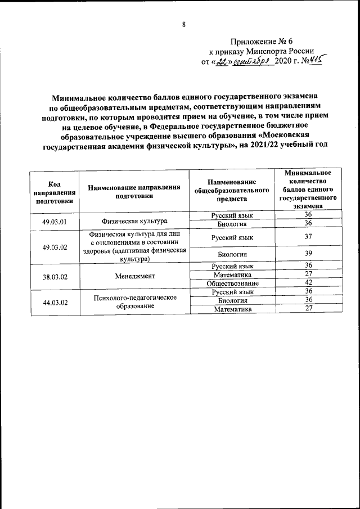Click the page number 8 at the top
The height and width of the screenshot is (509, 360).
(183, 24)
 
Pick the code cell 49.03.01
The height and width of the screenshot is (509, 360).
(55, 221)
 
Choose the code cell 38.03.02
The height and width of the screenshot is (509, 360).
(55, 276)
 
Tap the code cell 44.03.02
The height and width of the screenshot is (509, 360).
(55, 303)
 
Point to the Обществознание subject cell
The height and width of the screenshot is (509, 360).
(232, 283)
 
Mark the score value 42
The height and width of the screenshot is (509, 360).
(308, 282)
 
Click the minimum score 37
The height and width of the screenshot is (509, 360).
(308, 237)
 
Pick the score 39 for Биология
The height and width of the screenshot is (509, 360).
(308, 254)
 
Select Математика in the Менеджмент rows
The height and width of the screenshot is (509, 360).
(232, 274)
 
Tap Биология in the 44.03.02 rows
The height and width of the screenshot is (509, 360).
(232, 300)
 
